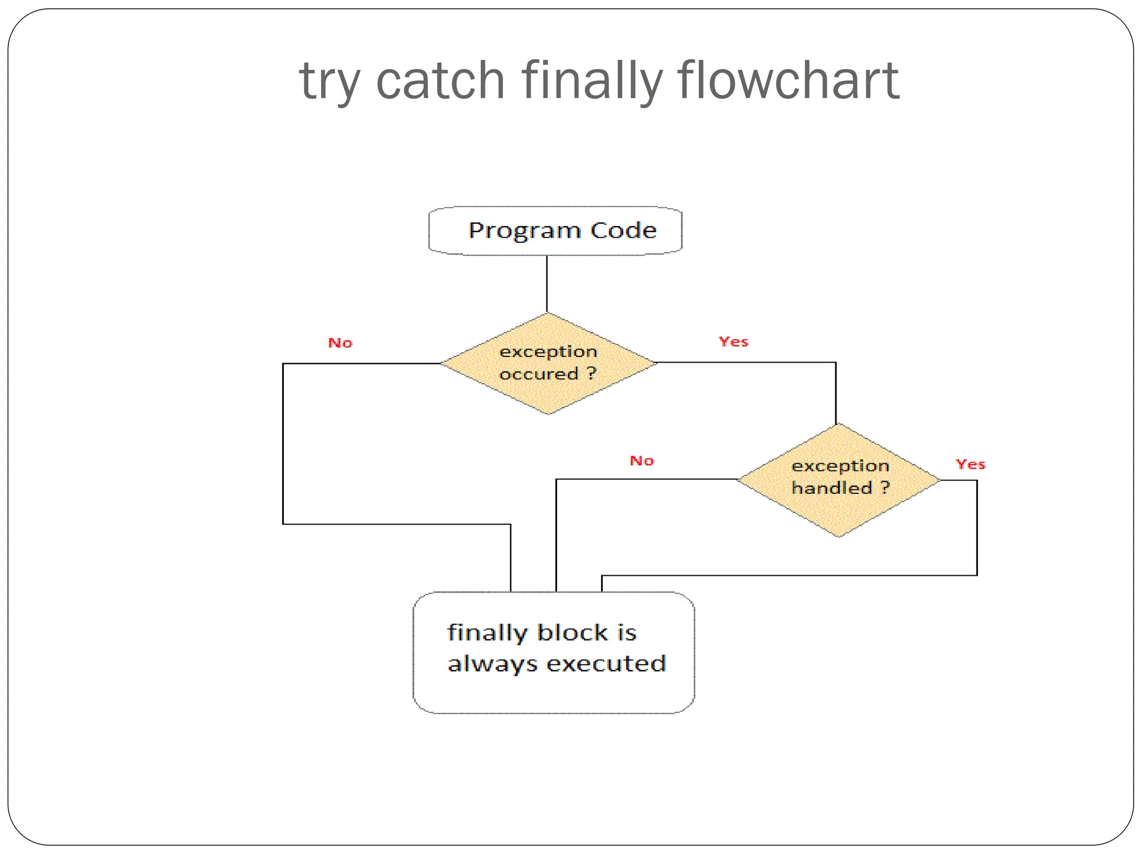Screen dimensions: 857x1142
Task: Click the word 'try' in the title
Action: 330,83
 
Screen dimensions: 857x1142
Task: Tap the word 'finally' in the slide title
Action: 592,81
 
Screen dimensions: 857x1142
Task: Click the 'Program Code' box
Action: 555,231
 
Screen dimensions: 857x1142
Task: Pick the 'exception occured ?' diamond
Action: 549,363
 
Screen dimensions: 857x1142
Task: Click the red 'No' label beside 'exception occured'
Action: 340,343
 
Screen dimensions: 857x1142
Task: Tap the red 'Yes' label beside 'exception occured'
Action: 733,341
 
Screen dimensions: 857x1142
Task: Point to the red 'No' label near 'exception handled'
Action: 641,460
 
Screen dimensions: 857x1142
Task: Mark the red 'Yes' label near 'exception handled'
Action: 970,464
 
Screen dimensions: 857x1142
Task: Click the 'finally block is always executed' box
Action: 554,652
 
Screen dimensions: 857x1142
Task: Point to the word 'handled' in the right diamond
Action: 831,488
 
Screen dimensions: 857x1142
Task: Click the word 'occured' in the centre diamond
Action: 539,374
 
